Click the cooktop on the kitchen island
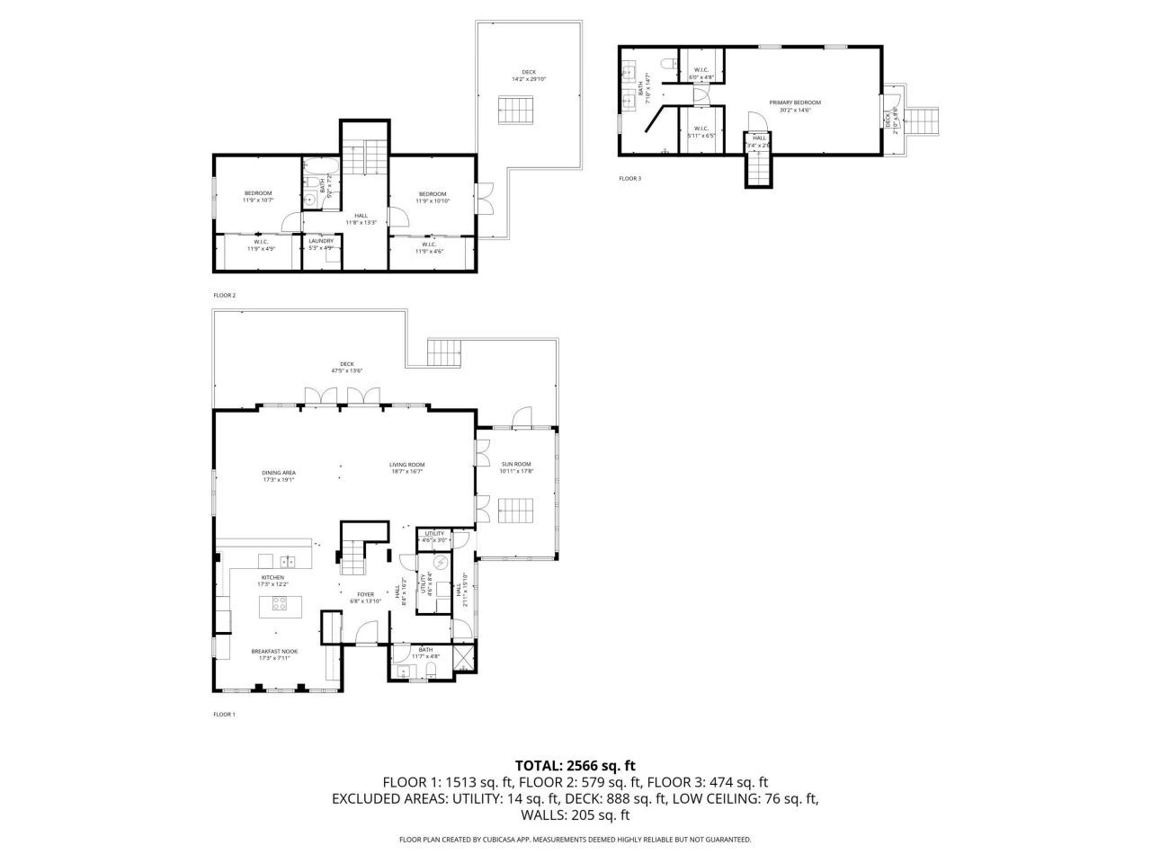click(280, 604)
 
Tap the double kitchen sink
click(289, 560)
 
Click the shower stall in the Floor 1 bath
click(463, 659)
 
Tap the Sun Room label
click(516, 464)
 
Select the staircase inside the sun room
click(516, 513)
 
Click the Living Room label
click(406, 464)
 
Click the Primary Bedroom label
click(795, 102)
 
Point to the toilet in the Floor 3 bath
click(666, 63)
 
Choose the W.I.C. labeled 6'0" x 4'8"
click(700, 73)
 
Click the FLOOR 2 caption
click(224, 295)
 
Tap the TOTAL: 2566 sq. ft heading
click(575, 766)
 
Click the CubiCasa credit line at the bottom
click(575, 840)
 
